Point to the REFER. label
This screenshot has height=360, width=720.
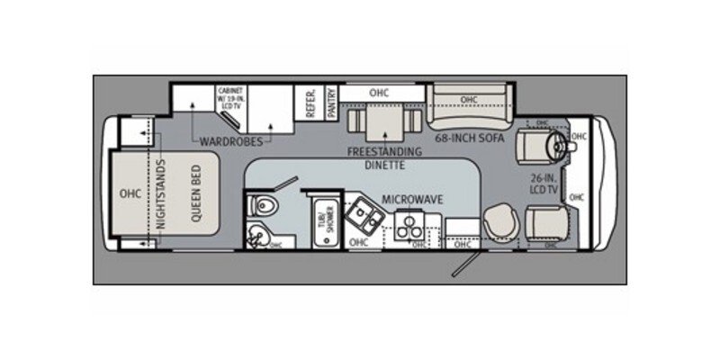(310, 103)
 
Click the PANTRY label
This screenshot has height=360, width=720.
(332, 103)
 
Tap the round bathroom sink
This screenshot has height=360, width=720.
(259, 237)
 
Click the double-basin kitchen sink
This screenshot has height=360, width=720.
(365, 212)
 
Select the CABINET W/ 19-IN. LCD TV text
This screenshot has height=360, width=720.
(232, 98)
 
